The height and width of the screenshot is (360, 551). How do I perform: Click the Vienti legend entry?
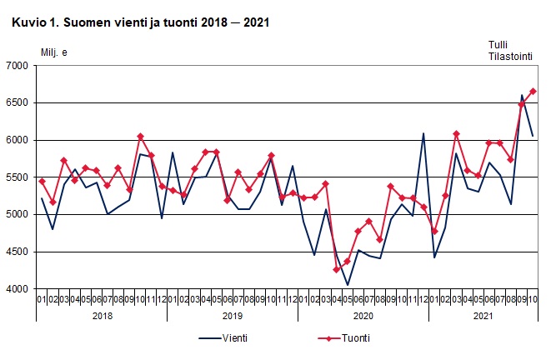pyautogui.click(x=234, y=338)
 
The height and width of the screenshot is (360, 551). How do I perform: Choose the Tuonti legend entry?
pyautogui.click(x=354, y=338)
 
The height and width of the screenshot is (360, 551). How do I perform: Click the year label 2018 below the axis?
pyautogui.click(x=102, y=317)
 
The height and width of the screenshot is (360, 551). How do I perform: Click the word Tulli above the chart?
pyautogui.click(x=498, y=45)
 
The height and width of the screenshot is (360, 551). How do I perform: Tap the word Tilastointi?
pyautogui.click(x=510, y=57)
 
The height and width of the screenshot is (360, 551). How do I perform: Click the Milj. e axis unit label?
pyautogui.click(x=54, y=53)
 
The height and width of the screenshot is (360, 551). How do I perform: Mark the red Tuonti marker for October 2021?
pyautogui.click(x=533, y=91)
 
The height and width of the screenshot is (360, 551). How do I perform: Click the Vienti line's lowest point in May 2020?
pyautogui.click(x=348, y=285)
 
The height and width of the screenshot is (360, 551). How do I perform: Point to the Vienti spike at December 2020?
pyautogui.click(x=423, y=133)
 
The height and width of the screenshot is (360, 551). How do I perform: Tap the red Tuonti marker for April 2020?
pyautogui.click(x=337, y=269)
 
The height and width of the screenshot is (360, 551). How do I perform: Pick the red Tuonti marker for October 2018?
pyautogui.click(x=140, y=136)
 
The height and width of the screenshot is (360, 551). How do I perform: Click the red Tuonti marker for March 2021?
pyautogui.click(x=456, y=133)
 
